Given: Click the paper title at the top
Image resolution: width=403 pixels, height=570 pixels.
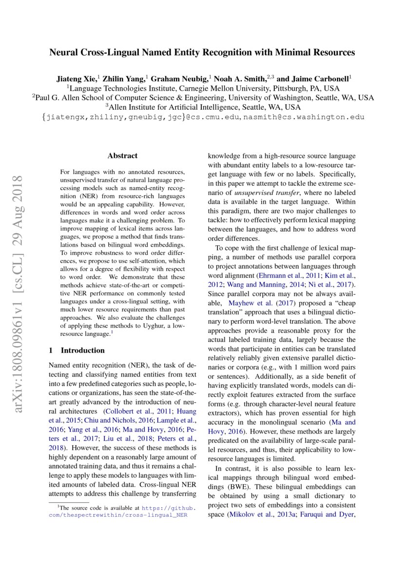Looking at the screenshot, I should tap(202, 52).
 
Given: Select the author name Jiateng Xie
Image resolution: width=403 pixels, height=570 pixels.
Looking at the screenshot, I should tap(76, 78).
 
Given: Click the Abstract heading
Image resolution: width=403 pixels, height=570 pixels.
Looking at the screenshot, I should tap(122, 156).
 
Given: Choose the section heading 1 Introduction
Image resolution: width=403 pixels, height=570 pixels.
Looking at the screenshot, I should tap(77, 350).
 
